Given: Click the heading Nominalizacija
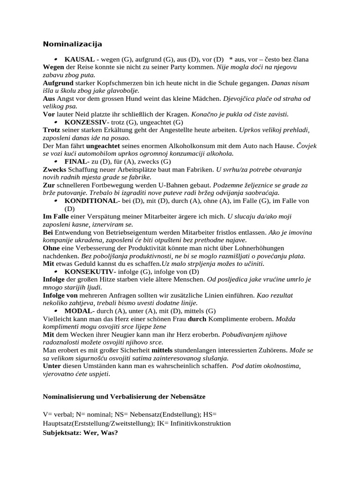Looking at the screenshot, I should [73, 44].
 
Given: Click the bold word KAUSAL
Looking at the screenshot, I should [80, 60].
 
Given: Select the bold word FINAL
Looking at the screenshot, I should [75, 161].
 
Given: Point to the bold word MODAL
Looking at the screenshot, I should [79, 311].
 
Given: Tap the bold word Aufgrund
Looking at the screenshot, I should [58, 83].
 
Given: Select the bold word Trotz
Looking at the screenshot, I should [52, 130].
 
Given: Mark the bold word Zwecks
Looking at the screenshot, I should [55, 169].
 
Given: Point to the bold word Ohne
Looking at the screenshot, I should [52, 248].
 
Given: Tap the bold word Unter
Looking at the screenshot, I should [52, 366].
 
